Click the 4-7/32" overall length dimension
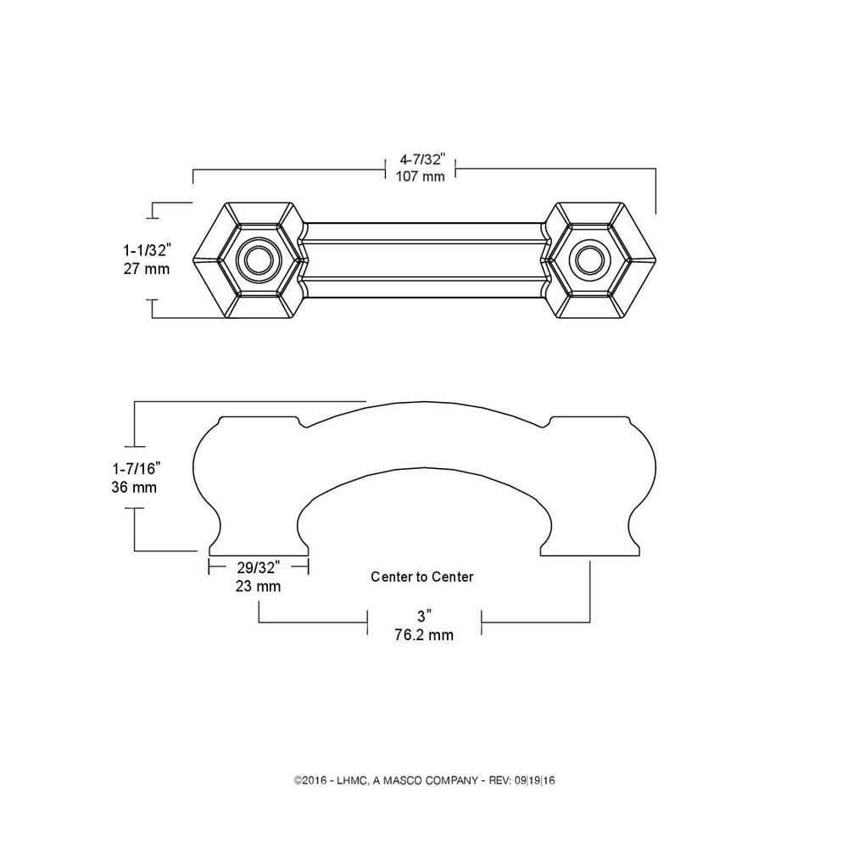(421, 160)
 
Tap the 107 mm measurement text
(421, 177)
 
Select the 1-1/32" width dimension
(147, 251)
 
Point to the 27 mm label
(147, 269)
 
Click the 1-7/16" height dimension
(135, 469)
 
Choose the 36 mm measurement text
(135, 488)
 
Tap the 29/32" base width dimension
(258, 569)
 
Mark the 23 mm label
(258, 586)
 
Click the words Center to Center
(422, 577)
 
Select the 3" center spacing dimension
(424, 616)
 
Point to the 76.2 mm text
(424, 634)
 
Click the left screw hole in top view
(255, 261)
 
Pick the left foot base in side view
(258, 549)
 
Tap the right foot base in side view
(590, 549)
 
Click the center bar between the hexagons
(422, 261)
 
